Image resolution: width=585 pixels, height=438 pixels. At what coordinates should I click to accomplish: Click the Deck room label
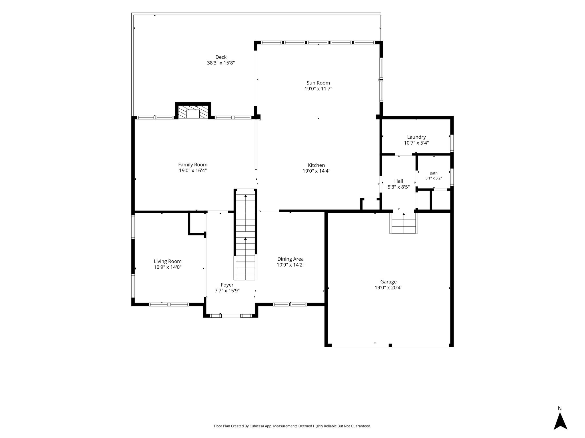click(x=221, y=57)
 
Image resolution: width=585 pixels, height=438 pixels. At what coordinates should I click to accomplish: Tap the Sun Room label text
click(x=318, y=83)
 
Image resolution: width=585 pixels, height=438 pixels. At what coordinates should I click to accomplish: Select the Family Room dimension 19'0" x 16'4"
click(x=193, y=171)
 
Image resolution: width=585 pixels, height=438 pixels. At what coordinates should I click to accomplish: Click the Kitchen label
click(x=316, y=165)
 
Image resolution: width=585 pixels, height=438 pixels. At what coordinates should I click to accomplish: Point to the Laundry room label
click(x=416, y=137)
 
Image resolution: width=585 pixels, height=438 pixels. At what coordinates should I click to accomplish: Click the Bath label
click(x=434, y=173)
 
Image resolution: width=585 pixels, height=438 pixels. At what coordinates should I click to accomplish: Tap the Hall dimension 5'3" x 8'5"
click(x=398, y=187)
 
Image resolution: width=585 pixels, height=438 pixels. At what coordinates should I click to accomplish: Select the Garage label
click(x=388, y=282)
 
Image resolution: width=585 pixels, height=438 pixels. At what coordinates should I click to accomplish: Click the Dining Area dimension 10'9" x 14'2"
click(x=291, y=265)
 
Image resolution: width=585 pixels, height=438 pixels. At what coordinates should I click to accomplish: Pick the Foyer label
click(x=227, y=285)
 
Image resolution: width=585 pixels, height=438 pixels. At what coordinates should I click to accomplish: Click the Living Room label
click(x=168, y=261)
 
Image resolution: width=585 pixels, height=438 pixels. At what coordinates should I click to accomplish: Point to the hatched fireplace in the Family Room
click(x=193, y=112)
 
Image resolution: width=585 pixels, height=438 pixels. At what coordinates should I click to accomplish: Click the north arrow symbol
click(x=560, y=421)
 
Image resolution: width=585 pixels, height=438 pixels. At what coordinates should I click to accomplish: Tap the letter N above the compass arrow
click(x=560, y=408)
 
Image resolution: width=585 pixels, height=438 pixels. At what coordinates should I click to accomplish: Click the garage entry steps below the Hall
click(x=404, y=223)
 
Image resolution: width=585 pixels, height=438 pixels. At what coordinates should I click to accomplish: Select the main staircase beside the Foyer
click(x=245, y=235)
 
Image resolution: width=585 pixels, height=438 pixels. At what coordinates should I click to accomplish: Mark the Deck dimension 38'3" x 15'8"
click(x=221, y=63)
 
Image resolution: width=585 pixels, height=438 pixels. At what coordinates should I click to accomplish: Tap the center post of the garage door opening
click(x=390, y=345)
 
